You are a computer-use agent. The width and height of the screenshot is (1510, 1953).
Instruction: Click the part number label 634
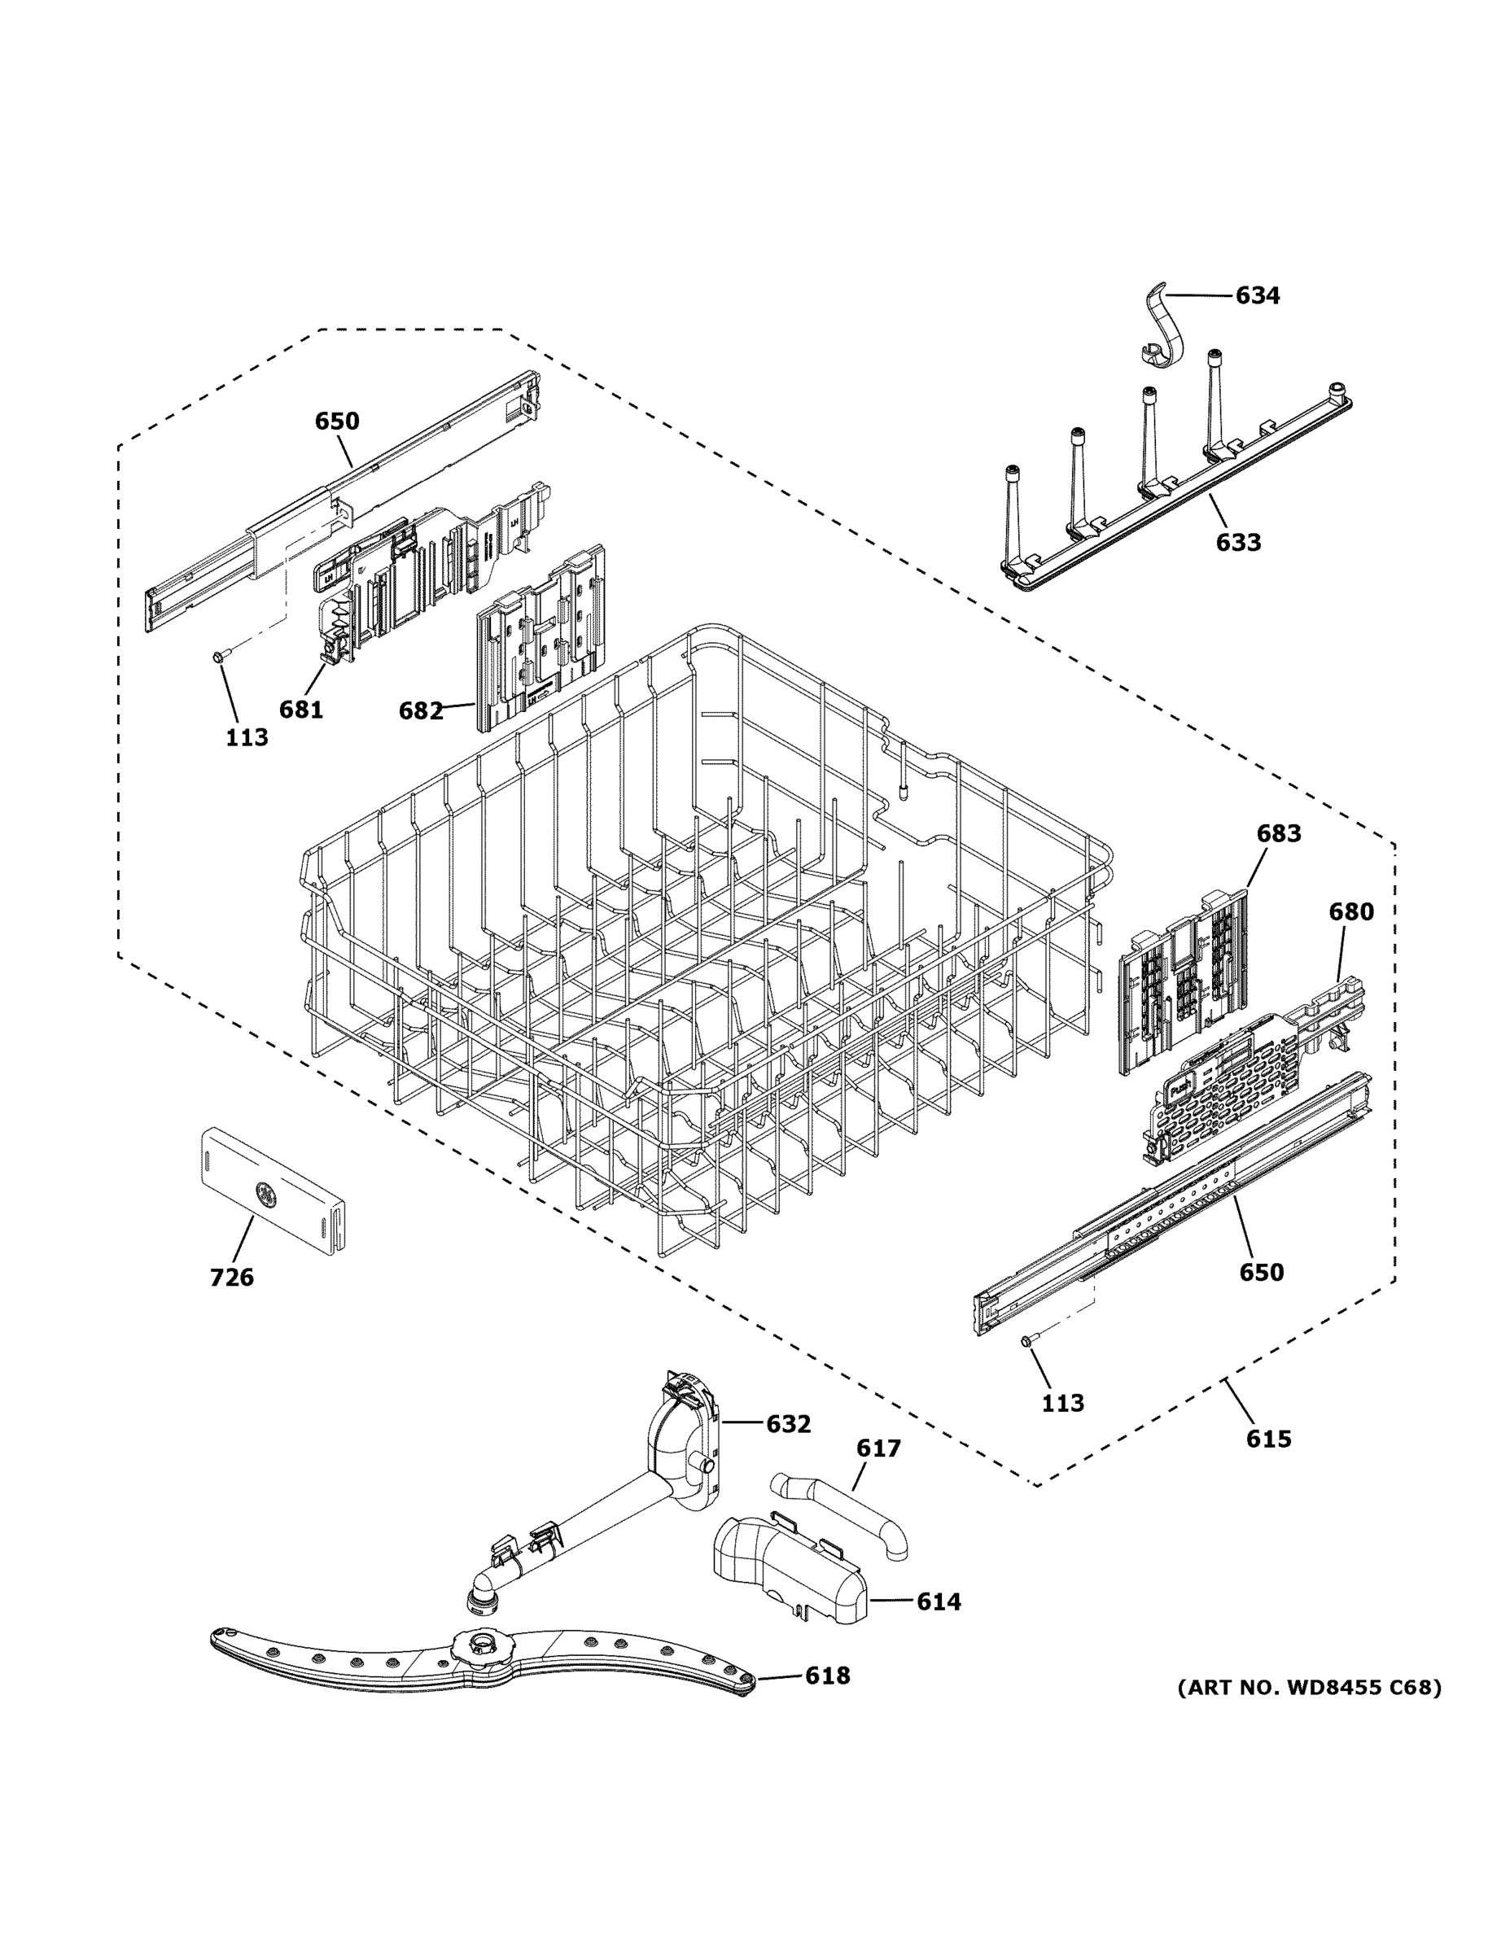1257,295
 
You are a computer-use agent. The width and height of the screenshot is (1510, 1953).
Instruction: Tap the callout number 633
1238,542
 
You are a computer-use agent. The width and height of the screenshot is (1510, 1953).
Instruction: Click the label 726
232,1278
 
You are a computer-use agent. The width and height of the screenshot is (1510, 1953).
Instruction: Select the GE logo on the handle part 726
265,1191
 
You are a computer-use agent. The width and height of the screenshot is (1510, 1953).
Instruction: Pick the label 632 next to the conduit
788,1425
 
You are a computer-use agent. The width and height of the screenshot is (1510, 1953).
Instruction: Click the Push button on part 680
1179,1090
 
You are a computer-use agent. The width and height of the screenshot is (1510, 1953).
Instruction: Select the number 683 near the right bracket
1278,833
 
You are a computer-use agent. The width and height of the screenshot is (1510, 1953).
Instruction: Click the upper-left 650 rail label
336,422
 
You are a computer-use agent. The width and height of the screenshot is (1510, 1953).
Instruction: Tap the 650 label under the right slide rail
1260,1273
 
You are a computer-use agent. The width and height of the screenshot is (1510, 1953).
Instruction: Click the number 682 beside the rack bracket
420,711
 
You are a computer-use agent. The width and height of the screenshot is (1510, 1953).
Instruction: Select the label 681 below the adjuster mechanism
300,709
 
